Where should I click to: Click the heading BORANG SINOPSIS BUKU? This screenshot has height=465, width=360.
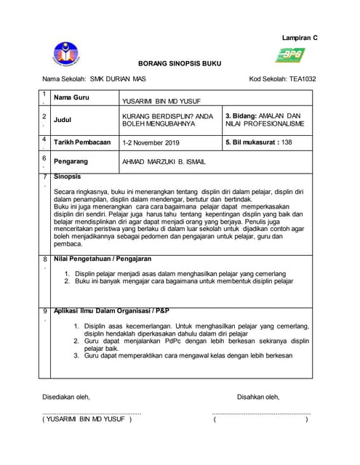point(179,63)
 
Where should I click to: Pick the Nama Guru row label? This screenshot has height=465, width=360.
point(71,97)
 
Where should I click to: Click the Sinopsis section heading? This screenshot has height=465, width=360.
point(67,177)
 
